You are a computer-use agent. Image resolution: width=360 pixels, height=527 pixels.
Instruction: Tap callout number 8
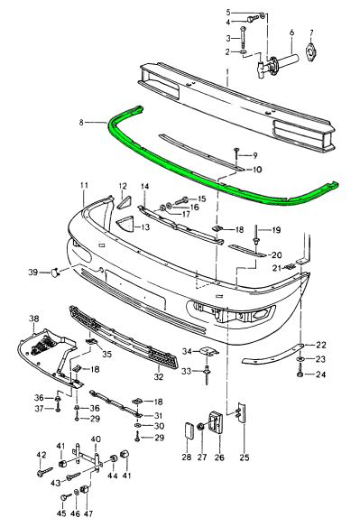(x=81, y=123)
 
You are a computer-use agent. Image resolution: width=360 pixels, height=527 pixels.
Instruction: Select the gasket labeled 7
(x=309, y=51)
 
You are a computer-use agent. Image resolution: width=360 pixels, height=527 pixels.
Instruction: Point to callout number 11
(x=84, y=185)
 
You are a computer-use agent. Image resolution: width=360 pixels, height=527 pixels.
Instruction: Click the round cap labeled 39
(x=55, y=272)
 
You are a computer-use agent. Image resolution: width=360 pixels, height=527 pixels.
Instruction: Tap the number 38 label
(x=33, y=319)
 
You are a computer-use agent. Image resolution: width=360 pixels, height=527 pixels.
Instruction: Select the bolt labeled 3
(x=243, y=37)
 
